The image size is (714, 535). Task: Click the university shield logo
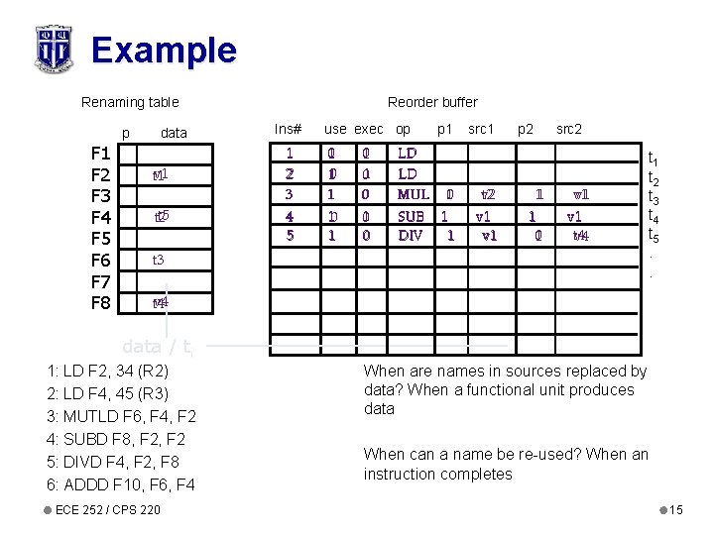(x=53, y=49)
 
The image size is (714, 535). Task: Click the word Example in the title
(x=164, y=50)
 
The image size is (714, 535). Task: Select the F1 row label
(x=100, y=154)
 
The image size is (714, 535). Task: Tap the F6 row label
(x=100, y=261)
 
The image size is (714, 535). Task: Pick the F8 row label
(x=100, y=302)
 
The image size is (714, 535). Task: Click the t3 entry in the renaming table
(x=158, y=261)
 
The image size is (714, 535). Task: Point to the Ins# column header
(x=288, y=128)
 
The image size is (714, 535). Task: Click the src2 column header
(x=569, y=128)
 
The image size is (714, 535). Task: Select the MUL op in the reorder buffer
(x=413, y=194)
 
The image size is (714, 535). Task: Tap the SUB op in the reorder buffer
(x=411, y=215)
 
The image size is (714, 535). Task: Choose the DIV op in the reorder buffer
(x=411, y=236)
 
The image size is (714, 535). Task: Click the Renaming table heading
(x=130, y=102)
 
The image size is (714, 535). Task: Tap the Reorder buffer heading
(x=432, y=102)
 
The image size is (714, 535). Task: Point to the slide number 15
(x=675, y=510)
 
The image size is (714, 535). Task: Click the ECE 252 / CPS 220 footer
(x=108, y=509)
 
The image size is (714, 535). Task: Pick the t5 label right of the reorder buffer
(x=654, y=236)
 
